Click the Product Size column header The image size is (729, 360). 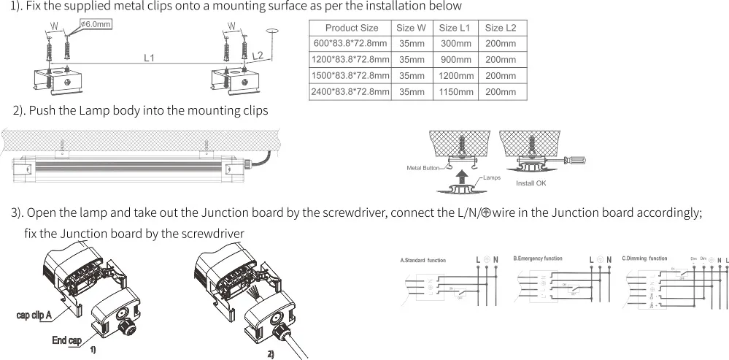(351, 28)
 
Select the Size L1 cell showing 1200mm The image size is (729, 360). (456, 76)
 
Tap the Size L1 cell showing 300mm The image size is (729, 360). (456, 44)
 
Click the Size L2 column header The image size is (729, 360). (501, 28)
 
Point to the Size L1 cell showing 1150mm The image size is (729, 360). (456, 92)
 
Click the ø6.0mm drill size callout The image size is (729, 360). (94, 24)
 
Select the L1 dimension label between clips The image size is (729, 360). (148, 57)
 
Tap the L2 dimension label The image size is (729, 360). (257, 55)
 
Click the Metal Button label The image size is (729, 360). (423, 168)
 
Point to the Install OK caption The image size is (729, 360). (531, 183)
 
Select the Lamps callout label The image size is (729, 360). (491, 177)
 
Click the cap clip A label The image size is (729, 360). (34, 315)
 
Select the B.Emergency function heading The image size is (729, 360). (538, 258)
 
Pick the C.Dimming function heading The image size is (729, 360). (644, 258)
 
